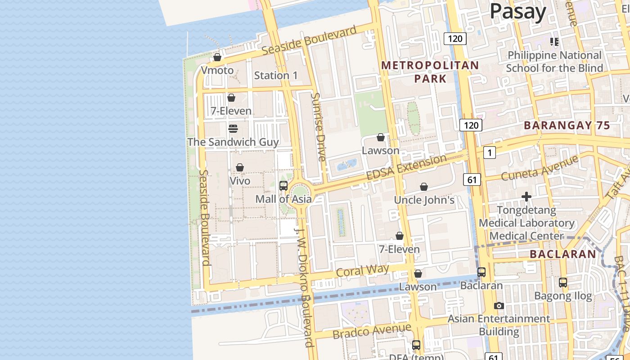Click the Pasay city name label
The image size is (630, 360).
coord(517,11)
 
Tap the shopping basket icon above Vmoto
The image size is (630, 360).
coord(217,57)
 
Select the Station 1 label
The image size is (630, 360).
coord(276,75)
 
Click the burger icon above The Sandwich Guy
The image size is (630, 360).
coord(233,129)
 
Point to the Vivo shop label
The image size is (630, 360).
coord(240,181)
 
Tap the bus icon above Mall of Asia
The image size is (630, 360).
coord(283,185)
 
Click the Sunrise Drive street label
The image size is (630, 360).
coord(319,127)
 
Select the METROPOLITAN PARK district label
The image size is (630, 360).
coord(430,72)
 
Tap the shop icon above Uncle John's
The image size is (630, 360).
coord(423,187)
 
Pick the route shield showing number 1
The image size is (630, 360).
coord(490,153)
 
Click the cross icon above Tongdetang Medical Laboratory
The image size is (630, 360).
coord(526,197)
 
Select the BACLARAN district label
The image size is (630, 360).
coord(562,254)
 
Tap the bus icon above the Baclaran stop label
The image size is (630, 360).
coord(481,272)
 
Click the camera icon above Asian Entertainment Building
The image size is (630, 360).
coord(499,306)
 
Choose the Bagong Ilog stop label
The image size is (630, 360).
coord(563,296)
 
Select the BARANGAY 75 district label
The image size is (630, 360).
coord(567,126)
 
